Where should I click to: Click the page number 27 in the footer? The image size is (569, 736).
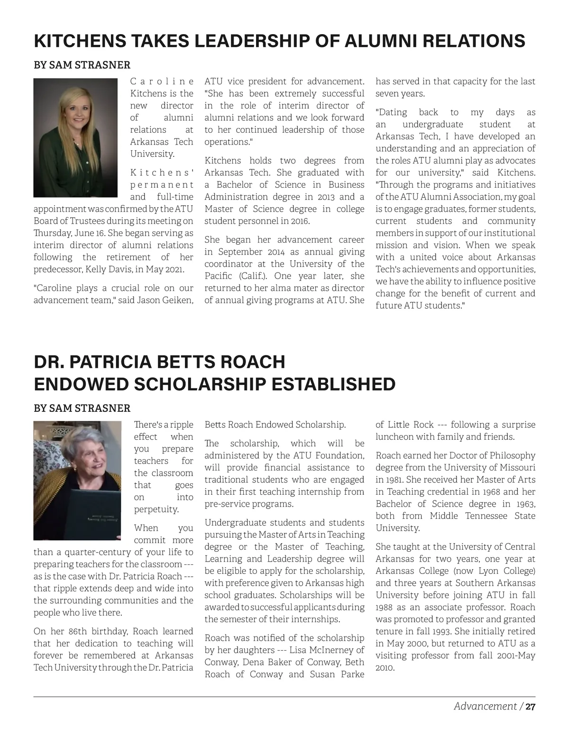pyautogui.click(x=531, y=707)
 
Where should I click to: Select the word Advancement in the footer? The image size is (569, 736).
pyautogui.click(x=485, y=707)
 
